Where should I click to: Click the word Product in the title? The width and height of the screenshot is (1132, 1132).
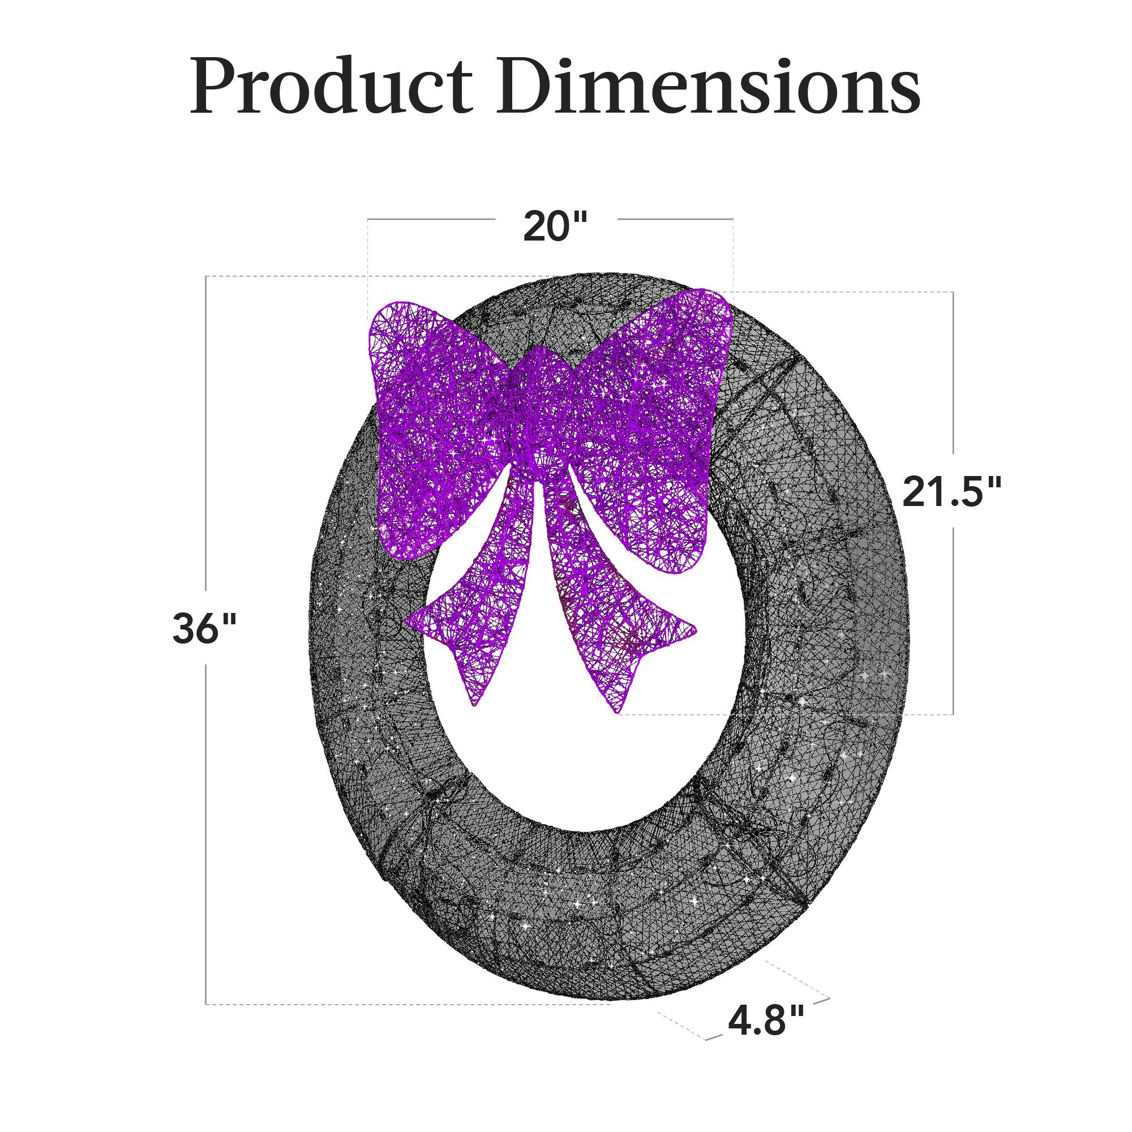pyautogui.click(x=331, y=87)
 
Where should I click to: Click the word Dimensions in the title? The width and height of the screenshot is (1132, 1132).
pyautogui.click(x=708, y=87)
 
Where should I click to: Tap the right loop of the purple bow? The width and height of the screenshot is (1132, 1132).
pyautogui.click(x=650, y=428)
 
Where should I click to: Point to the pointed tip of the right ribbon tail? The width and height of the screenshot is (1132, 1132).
pyautogui.click(x=618, y=712)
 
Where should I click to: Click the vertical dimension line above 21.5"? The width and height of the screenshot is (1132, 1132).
pyautogui.click(x=953, y=375)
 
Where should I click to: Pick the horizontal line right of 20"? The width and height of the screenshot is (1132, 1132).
pyautogui.click(x=674, y=219)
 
